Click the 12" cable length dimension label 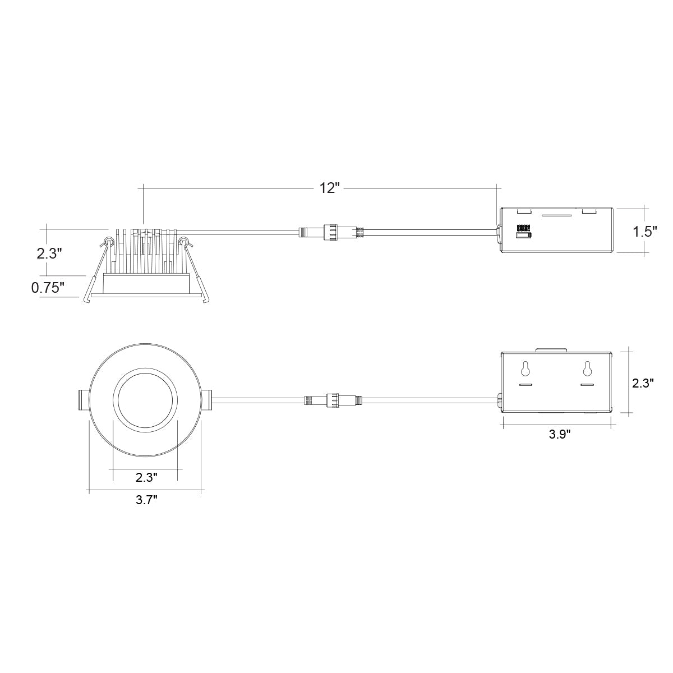tap(330, 188)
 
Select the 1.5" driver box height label tap(645, 231)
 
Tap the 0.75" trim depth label tap(48, 288)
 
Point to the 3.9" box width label tap(560, 434)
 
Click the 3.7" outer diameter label tap(147, 500)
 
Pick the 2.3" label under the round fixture tap(147, 477)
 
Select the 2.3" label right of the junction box tap(643, 383)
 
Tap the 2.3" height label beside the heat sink tap(49, 253)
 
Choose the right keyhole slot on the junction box tap(587, 368)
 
